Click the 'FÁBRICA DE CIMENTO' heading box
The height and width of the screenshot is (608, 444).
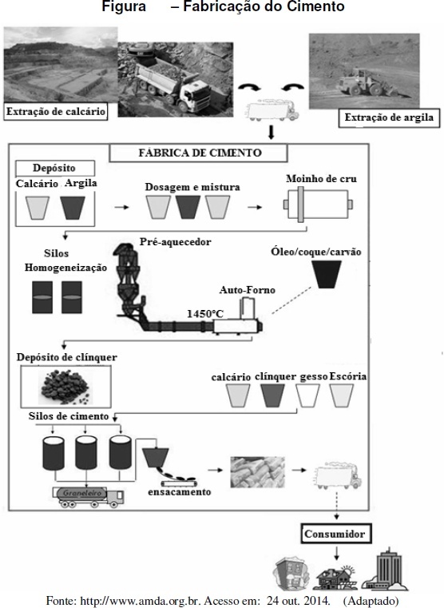[199, 153]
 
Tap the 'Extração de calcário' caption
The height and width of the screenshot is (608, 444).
[55, 112]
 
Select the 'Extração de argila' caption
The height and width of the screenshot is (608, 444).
[389, 117]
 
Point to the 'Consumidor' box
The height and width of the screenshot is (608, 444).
[335, 534]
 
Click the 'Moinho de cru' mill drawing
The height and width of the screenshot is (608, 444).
[318, 205]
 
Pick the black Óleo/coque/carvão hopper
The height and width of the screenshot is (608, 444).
[327, 274]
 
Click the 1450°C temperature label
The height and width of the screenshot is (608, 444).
[205, 314]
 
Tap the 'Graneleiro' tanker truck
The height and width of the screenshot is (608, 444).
[89, 496]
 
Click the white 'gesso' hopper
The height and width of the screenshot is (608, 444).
[308, 395]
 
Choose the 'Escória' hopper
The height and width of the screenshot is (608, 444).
[342, 395]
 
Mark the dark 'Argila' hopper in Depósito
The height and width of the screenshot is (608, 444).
[73, 208]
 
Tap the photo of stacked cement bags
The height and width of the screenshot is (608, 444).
[258, 472]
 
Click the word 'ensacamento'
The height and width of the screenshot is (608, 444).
[180, 492]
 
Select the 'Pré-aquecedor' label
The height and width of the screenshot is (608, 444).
[176, 242]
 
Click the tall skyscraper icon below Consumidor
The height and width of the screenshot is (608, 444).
[386, 568]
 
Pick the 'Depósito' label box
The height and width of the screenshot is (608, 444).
[54, 169]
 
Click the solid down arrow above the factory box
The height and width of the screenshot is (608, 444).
[272, 133]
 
